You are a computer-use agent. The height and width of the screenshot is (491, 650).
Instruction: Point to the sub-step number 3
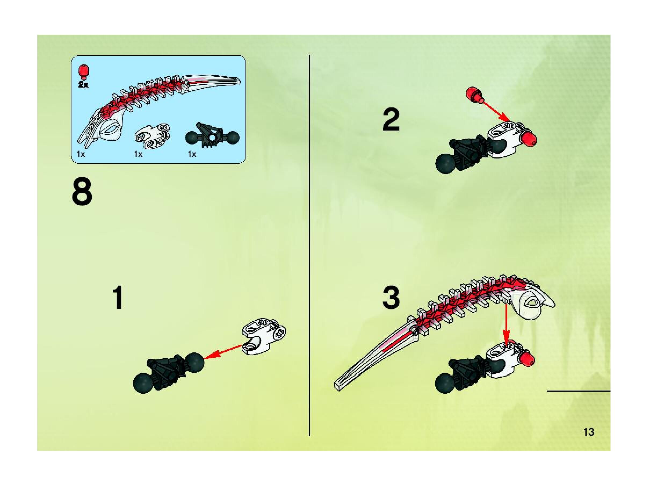[x=391, y=298]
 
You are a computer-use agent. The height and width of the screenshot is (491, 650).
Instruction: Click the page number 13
[x=588, y=432]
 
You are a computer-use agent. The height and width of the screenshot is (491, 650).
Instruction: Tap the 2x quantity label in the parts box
[x=83, y=85]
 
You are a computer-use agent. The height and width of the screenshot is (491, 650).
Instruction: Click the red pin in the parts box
[x=84, y=72]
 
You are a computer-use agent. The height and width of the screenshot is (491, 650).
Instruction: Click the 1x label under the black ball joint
[x=192, y=154]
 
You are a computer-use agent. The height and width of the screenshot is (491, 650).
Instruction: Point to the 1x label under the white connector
[x=138, y=154]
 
